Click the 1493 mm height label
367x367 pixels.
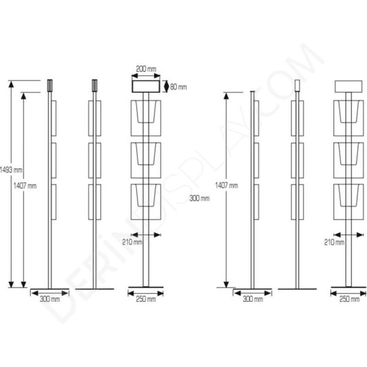[x=11, y=170]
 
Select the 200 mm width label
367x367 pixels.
[x=146, y=69]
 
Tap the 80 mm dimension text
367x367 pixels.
[x=178, y=87]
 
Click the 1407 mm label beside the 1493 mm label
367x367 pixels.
[x=25, y=186]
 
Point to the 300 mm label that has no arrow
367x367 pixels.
[x=200, y=199]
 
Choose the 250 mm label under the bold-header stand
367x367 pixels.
[x=146, y=299]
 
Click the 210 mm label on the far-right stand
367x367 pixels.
[x=334, y=242]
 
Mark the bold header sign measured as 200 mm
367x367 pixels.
[x=146, y=86]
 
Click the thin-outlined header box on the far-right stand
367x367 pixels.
[x=349, y=86]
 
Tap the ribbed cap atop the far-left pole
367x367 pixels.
[x=50, y=86]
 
